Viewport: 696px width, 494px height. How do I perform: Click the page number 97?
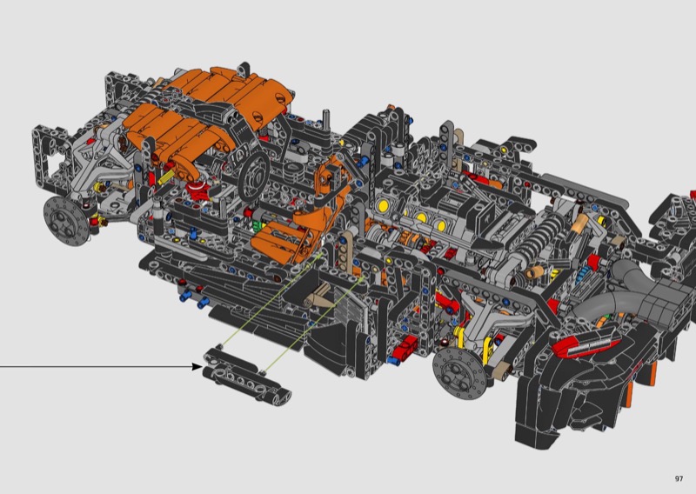[x=679, y=478]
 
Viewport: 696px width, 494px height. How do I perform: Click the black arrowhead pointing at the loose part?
[x=197, y=367]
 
